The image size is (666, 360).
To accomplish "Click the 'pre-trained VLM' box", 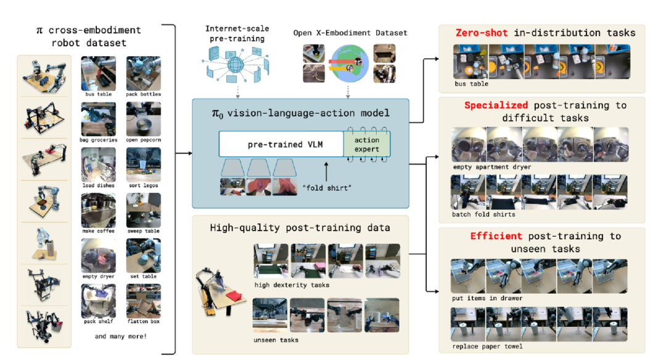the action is pyautogui.click(x=281, y=144).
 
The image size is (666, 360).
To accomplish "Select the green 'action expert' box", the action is pyautogui.click(x=366, y=144).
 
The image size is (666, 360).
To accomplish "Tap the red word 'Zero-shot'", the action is pyautogui.click(x=482, y=33).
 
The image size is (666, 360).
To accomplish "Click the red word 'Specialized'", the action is pyautogui.click(x=496, y=105).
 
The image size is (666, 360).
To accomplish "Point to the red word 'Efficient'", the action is pyautogui.click(x=496, y=235).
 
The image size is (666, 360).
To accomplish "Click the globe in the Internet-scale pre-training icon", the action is pyautogui.click(x=236, y=65).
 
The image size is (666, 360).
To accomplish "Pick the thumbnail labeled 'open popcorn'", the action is pyautogui.click(x=144, y=119).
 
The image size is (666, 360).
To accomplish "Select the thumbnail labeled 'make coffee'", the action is pyautogui.click(x=99, y=210).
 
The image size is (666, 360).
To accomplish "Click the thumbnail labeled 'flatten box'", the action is pyautogui.click(x=144, y=301).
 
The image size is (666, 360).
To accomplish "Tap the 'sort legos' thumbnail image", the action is pyautogui.click(x=144, y=165).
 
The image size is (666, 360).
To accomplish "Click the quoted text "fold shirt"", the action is pyautogui.click(x=327, y=187).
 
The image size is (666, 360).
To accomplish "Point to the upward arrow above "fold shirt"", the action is pyautogui.click(x=326, y=171).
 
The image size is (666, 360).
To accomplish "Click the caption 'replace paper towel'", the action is pyautogui.click(x=487, y=346).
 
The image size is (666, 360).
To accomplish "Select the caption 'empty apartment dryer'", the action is pyautogui.click(x=492, y=167).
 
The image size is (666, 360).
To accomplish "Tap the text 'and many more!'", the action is pyautogui.click(x=121, y=336).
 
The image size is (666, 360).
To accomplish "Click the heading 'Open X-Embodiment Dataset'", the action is pyautogui.click(x=350, y=33).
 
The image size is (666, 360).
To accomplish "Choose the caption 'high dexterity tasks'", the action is pyautogui.click(x=292, y=285).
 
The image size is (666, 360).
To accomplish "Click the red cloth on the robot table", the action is pyautogui.click(x=232, y=295).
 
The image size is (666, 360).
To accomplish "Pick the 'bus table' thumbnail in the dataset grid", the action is pyautogui.click(x=99, y=73).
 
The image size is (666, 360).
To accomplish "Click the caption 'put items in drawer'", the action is pyautogui.click(x=487, y=298).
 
